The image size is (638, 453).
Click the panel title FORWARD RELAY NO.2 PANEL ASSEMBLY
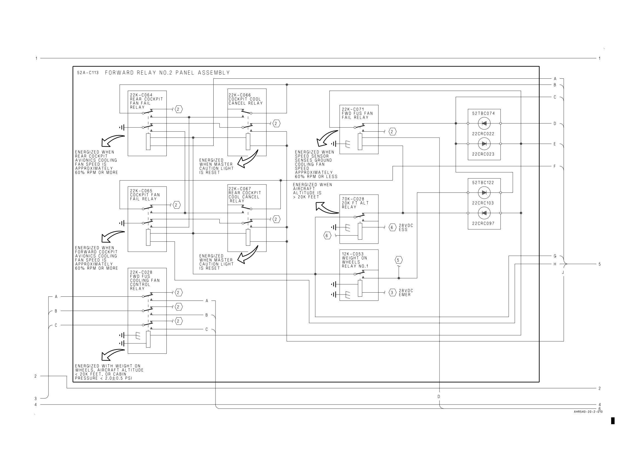(x=167, y=73)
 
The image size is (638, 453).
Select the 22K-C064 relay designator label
(x=141, y=95)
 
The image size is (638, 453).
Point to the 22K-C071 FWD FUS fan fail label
(x=357, y=114)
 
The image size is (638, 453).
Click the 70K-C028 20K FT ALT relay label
(x=355, y=203)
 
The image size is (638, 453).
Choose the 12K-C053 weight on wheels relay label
(x=355, y=260)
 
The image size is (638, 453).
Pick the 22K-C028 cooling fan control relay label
(x=145, y=280)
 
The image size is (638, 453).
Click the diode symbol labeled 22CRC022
(x=484, y=123)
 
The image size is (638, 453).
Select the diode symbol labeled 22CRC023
(x=484, y=144)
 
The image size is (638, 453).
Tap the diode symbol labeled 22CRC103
(x=484, y=192)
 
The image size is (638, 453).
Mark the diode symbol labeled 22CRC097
(x=484, y=213)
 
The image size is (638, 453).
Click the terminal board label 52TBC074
(x=484, y=114)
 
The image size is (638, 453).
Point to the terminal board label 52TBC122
(x=483, y=183)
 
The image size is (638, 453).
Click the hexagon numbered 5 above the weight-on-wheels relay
(x=398, y=260)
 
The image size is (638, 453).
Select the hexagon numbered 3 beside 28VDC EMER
(x=392, y=293)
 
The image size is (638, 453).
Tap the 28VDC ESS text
(x=406, y=228)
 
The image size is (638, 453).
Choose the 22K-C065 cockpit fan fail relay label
(x=145, y=195)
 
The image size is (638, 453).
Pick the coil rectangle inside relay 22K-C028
(x=148, y=339)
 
